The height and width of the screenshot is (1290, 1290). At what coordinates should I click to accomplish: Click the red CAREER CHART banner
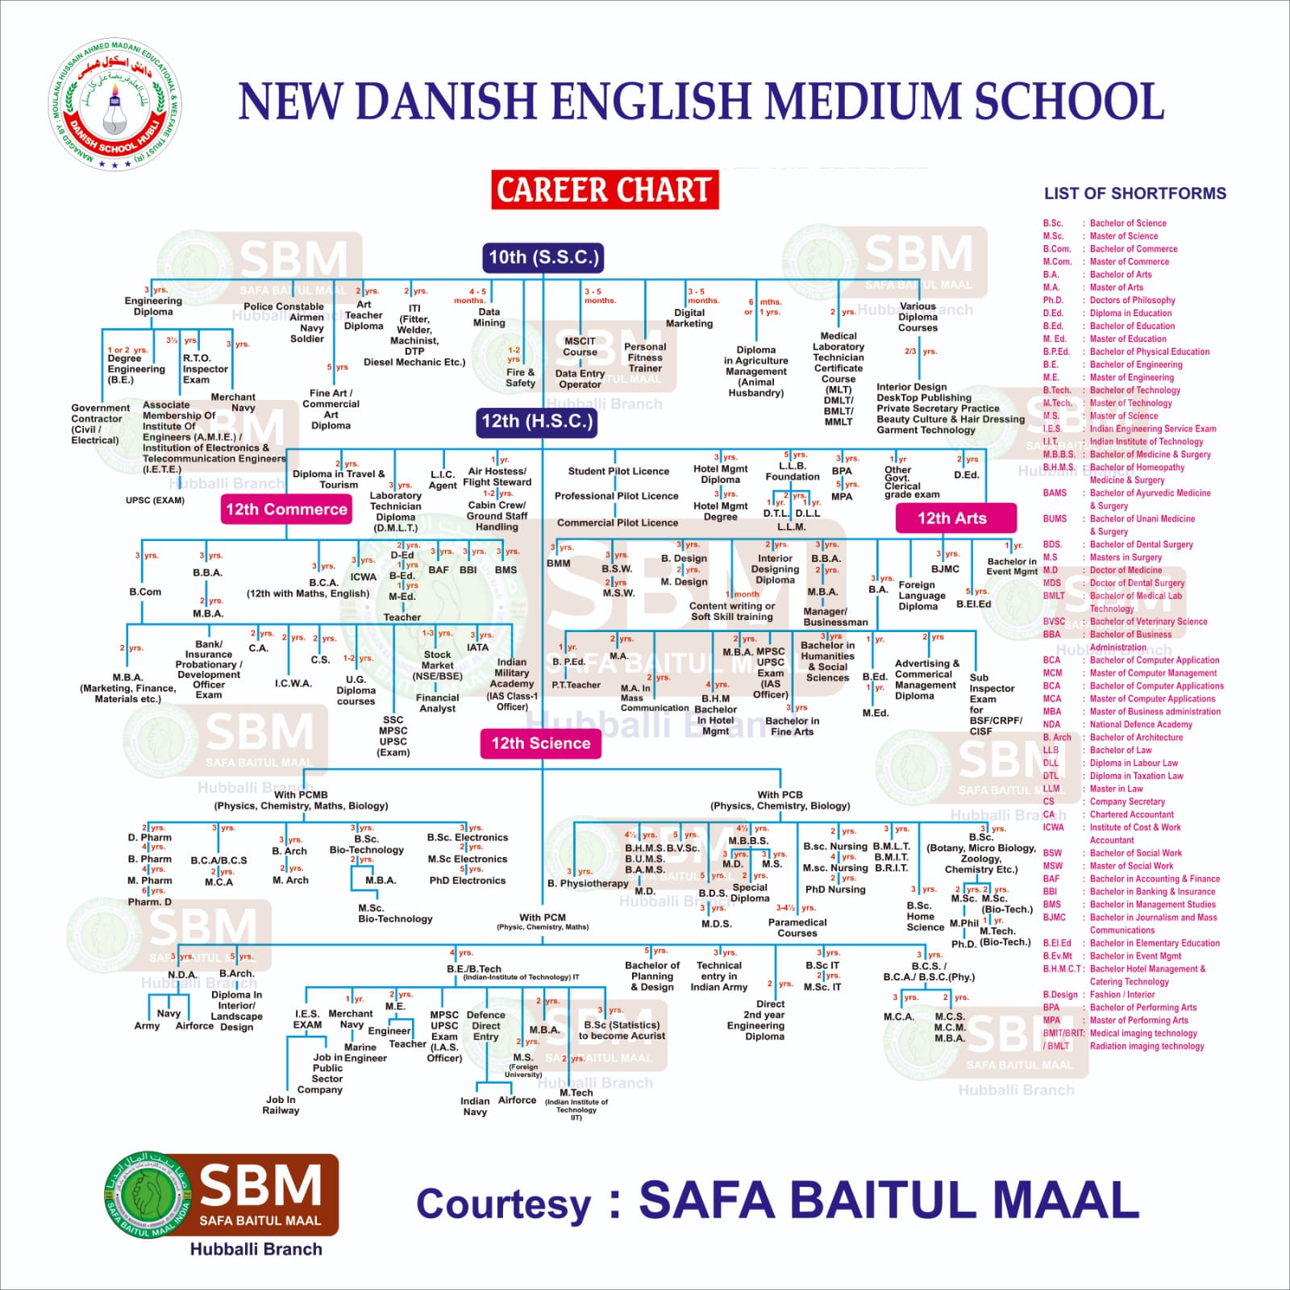[605, 190]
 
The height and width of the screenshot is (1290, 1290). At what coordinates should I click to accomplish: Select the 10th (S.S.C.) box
[543, 258]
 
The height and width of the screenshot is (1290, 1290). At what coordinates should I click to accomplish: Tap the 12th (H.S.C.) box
[536, 422]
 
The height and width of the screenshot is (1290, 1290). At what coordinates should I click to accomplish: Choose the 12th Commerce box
[286, 510]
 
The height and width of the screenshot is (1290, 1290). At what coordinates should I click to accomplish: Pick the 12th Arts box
[955, 518]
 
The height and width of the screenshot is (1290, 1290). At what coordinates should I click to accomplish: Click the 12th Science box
[540, 743]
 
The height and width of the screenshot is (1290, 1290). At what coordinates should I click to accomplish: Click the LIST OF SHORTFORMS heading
[1134, 193]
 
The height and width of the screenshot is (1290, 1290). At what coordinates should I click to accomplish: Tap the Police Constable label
[283, 306]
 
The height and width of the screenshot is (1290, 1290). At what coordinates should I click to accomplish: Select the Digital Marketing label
[689, 318]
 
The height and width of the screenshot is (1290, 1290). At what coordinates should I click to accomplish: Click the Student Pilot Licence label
[618, 472]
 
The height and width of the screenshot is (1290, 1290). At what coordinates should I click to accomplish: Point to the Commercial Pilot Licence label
[618, 522]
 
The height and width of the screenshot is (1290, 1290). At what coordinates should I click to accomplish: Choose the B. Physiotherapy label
[588, 884]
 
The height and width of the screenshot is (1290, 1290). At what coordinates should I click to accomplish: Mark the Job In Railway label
[281, 1105]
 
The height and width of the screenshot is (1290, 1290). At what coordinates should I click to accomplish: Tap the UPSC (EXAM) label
[155, 501]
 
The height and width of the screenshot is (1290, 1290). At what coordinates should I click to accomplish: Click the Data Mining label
[489, 317]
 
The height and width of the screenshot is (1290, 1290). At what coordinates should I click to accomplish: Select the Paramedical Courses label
[797, 927]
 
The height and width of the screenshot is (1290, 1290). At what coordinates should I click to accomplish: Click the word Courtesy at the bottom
[504, 1204]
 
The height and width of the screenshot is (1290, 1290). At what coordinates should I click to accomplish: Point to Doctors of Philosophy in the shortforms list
[1132, 301]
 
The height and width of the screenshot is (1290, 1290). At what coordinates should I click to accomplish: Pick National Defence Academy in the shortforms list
[1140, 725]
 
